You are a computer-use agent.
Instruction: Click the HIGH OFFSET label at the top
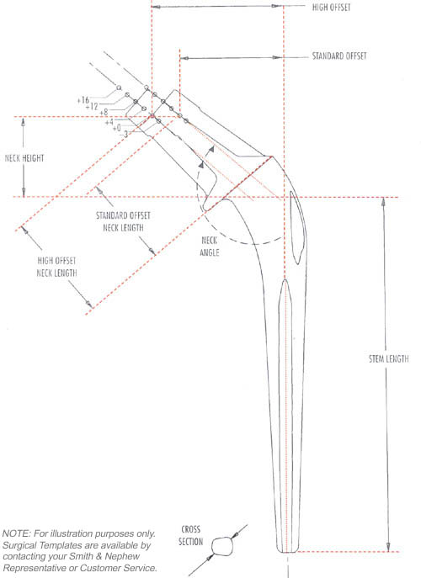tap(331, 7)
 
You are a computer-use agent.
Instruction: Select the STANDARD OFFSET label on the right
tap(339, 56)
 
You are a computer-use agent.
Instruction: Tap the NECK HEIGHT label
tap(24, 158)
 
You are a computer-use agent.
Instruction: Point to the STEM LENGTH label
tap(389, 358)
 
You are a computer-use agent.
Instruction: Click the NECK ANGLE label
tap(210, 247)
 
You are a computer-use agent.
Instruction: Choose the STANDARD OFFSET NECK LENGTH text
tap(123, 221)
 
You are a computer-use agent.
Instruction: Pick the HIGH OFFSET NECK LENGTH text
tap(56, 267)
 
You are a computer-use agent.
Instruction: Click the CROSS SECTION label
tap(191, 535)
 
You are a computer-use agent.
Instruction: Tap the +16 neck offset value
tap(83, 100)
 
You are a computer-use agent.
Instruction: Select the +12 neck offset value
tap(92, 106)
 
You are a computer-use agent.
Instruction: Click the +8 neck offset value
tap(104, 111)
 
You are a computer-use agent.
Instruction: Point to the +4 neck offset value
tap(109, 122)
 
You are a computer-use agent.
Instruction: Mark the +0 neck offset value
tap(116, 128)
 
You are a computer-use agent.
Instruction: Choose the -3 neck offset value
tap(124, 135)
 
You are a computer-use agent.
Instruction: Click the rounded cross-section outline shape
tap(223, 546)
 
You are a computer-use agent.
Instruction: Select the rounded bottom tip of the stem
tap(287, 551)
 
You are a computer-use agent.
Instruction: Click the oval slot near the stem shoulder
tap(297, 227)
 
